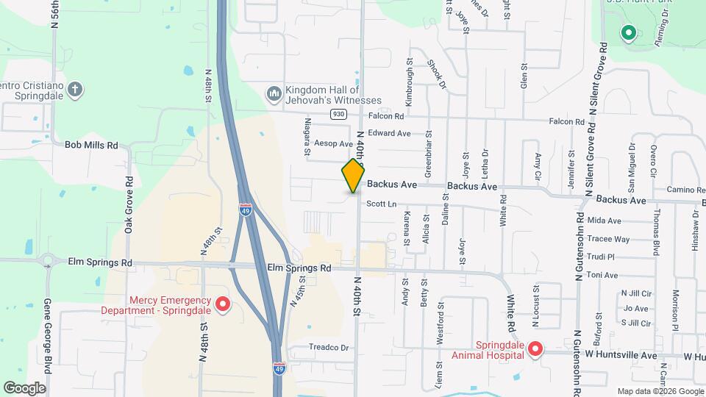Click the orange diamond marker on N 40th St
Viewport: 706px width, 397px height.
coord(354,176)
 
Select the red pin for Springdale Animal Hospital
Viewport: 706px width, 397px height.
coord(535,349)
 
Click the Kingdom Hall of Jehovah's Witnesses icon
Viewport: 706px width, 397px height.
coord(274,93)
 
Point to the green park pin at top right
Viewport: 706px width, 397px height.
coord(628,32)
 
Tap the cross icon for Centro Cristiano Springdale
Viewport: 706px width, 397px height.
coord(74,90)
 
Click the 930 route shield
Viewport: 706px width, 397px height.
coord(338,114)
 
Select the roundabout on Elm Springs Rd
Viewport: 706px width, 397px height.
coord(49,260)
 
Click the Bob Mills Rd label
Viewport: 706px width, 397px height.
coord(92,146)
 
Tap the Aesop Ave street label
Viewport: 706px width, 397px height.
coord(333,143)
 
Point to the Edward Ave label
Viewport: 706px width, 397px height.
coord(389,133)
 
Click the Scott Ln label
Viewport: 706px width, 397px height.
coord(382,204)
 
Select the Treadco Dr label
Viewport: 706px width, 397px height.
coord(328,347)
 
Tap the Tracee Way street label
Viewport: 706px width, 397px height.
coord(608,239)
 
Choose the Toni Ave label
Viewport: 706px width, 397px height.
coord(603,275)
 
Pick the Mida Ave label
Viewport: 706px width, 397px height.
coord(605,221)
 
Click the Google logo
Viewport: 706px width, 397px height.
coord(24,387)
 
